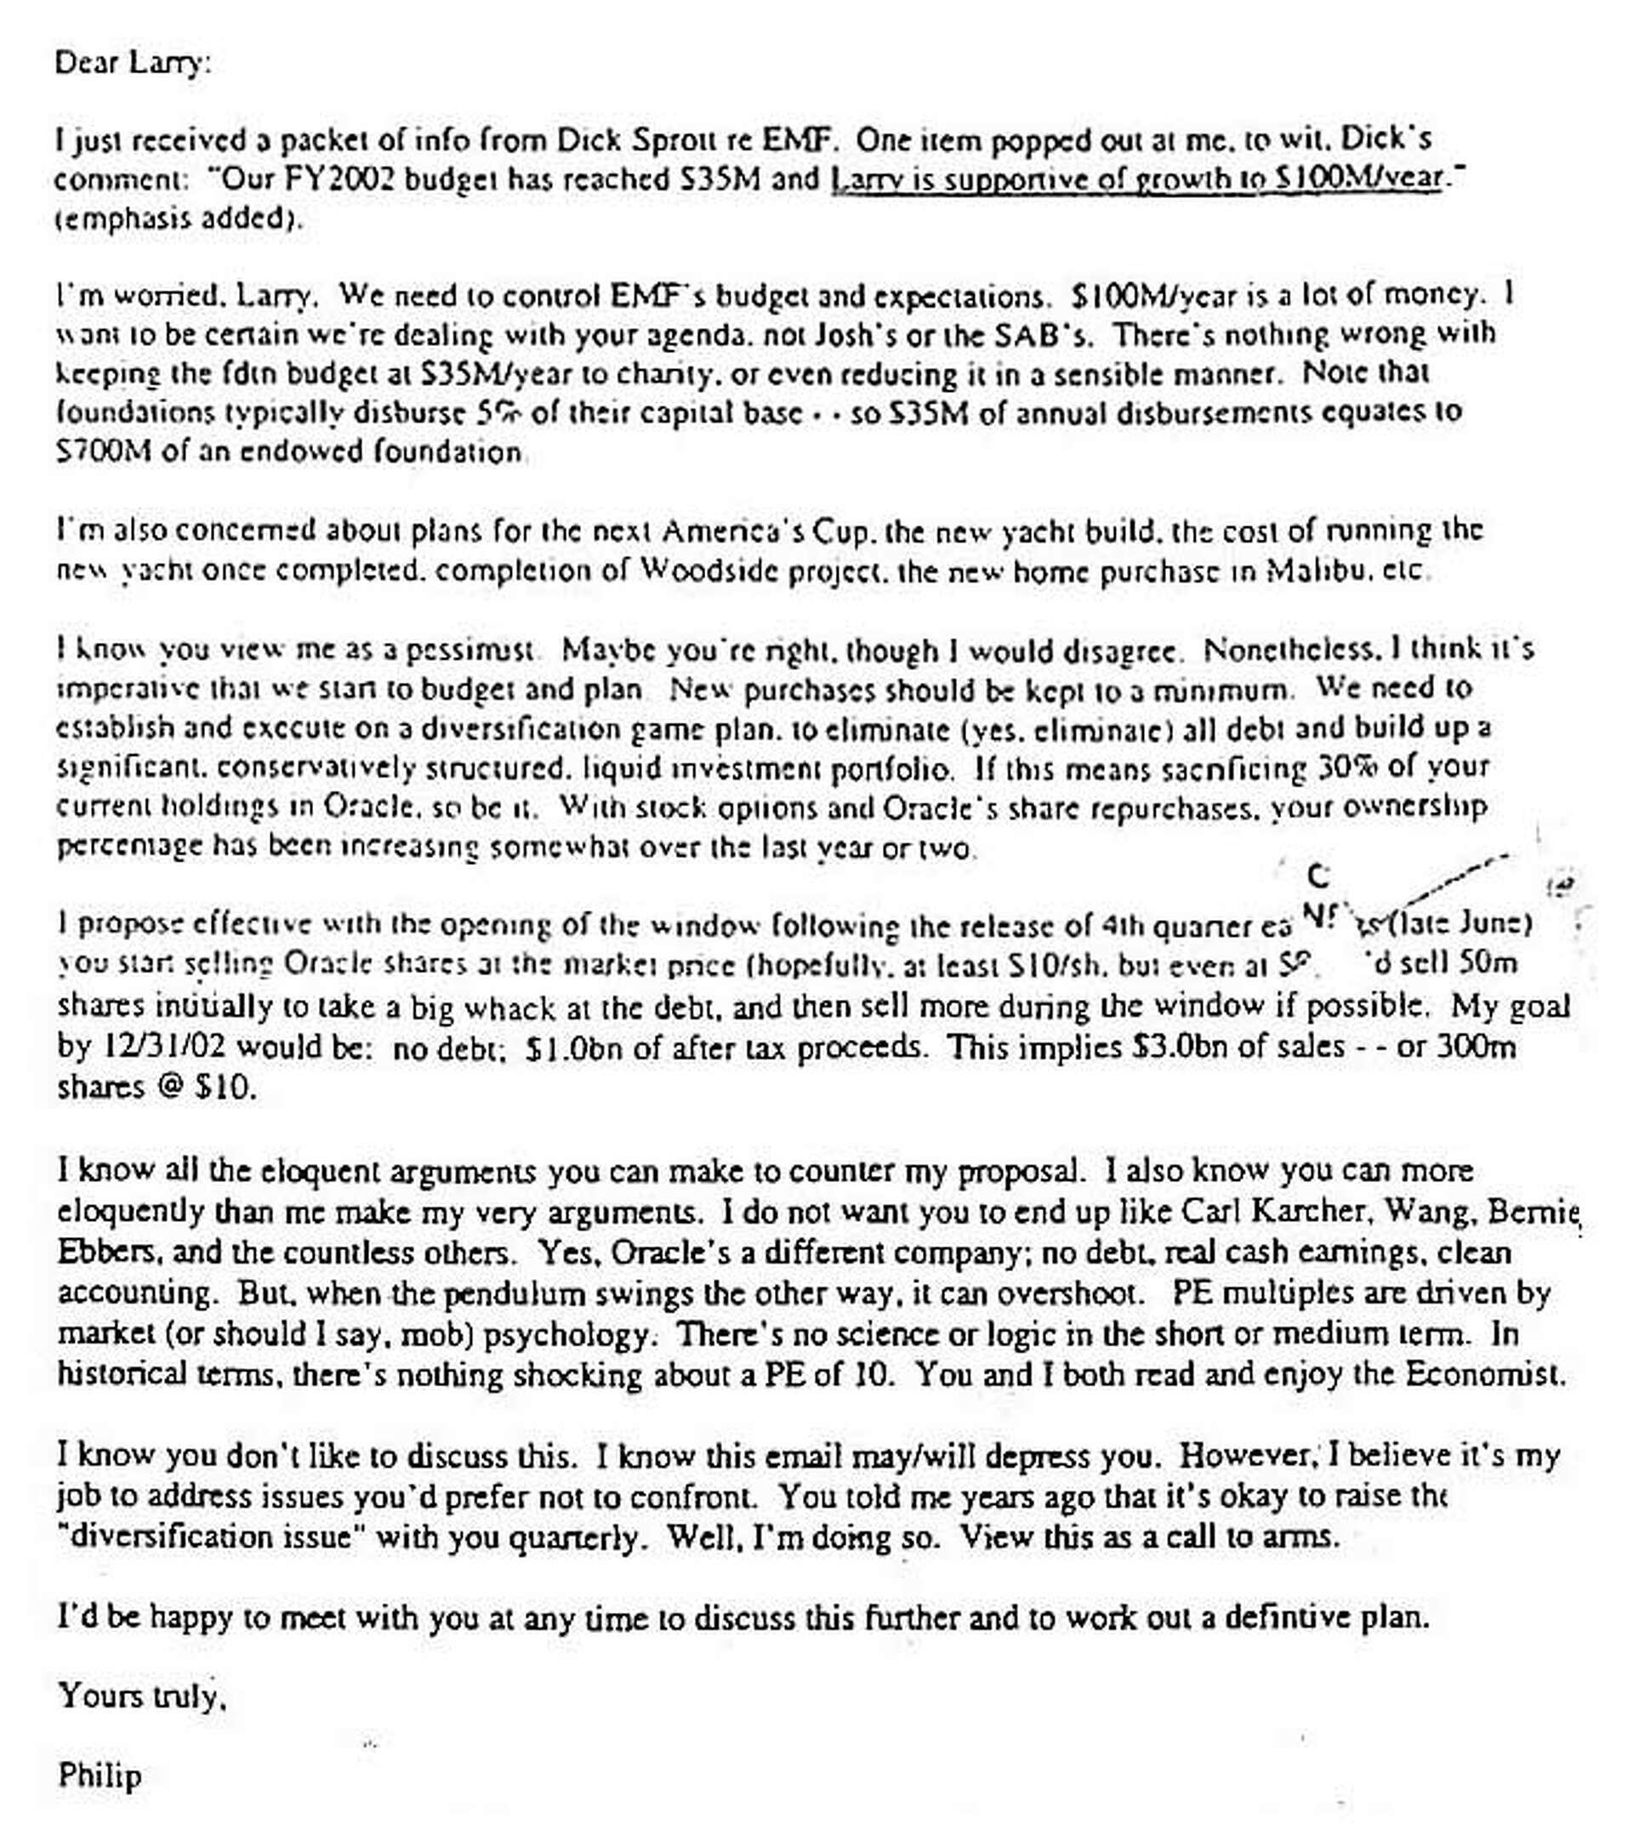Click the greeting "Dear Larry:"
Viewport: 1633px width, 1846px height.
coord(132,63)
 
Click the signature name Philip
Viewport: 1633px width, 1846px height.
coord(100,1775)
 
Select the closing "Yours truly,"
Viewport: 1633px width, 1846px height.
coord(141,1696)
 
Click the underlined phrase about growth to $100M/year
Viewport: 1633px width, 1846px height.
coord(1136,179)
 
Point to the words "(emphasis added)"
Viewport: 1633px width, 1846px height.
coord(178,219)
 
